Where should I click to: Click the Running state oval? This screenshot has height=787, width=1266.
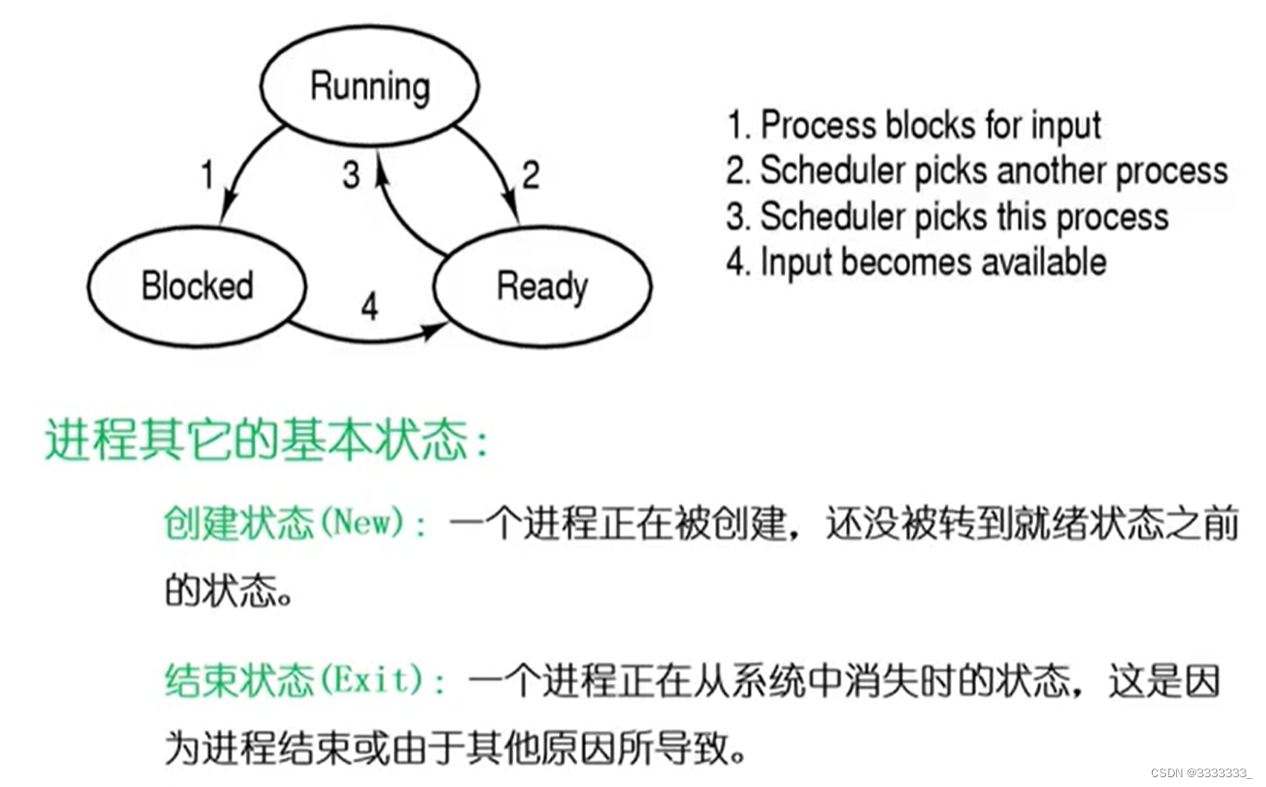tap(369, 86)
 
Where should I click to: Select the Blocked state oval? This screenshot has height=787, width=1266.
tap(197, 286)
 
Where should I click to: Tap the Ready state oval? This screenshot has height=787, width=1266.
tap(542, 286)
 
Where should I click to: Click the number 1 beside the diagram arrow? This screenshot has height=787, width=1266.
tap(207, 174)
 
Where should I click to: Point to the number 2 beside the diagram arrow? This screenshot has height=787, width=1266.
tap(530, 174)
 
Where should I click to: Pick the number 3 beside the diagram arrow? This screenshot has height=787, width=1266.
tap(351, 174)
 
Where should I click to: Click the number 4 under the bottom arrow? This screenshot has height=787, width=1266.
tap(370, 307)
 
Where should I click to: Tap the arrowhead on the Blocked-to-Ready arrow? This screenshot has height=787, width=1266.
tap(435, 330)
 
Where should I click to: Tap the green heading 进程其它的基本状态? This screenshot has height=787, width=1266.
tap(259, 439)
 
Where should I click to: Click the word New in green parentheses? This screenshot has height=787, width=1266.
tap(361, 521)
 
